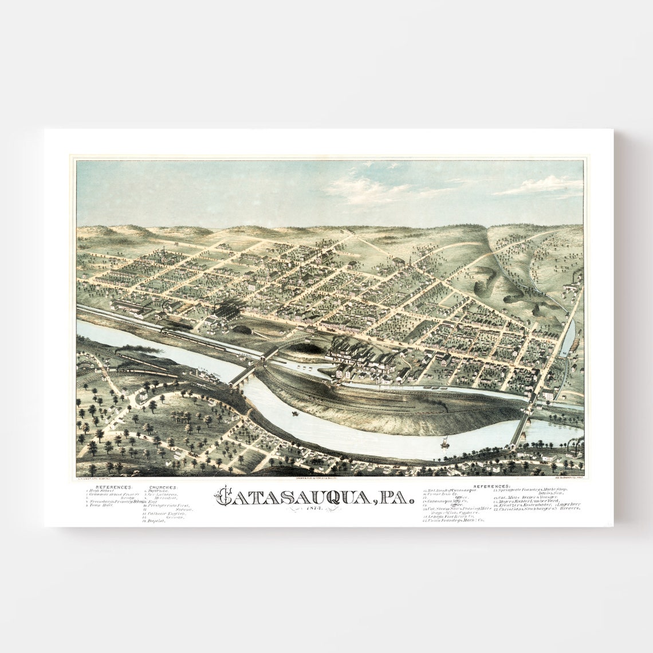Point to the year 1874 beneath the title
tap(316, 510)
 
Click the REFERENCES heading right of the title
tap(492, 486)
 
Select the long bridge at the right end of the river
tap(521, 427)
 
